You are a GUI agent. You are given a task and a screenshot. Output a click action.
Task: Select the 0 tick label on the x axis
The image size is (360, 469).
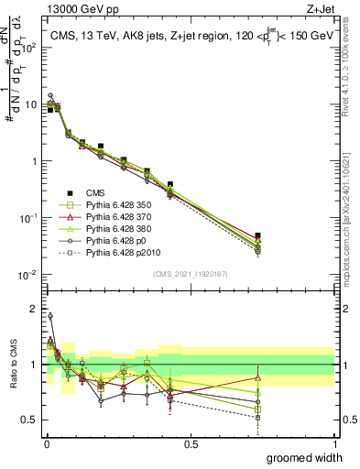click(x=46, y=444)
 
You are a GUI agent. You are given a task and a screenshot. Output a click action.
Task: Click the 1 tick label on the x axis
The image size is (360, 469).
click(x=334, y=444)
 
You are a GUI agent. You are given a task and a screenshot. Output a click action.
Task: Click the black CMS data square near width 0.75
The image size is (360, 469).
click(x=258, y=235)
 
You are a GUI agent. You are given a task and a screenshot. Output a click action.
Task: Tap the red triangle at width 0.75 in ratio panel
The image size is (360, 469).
click(x=258, y=377)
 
